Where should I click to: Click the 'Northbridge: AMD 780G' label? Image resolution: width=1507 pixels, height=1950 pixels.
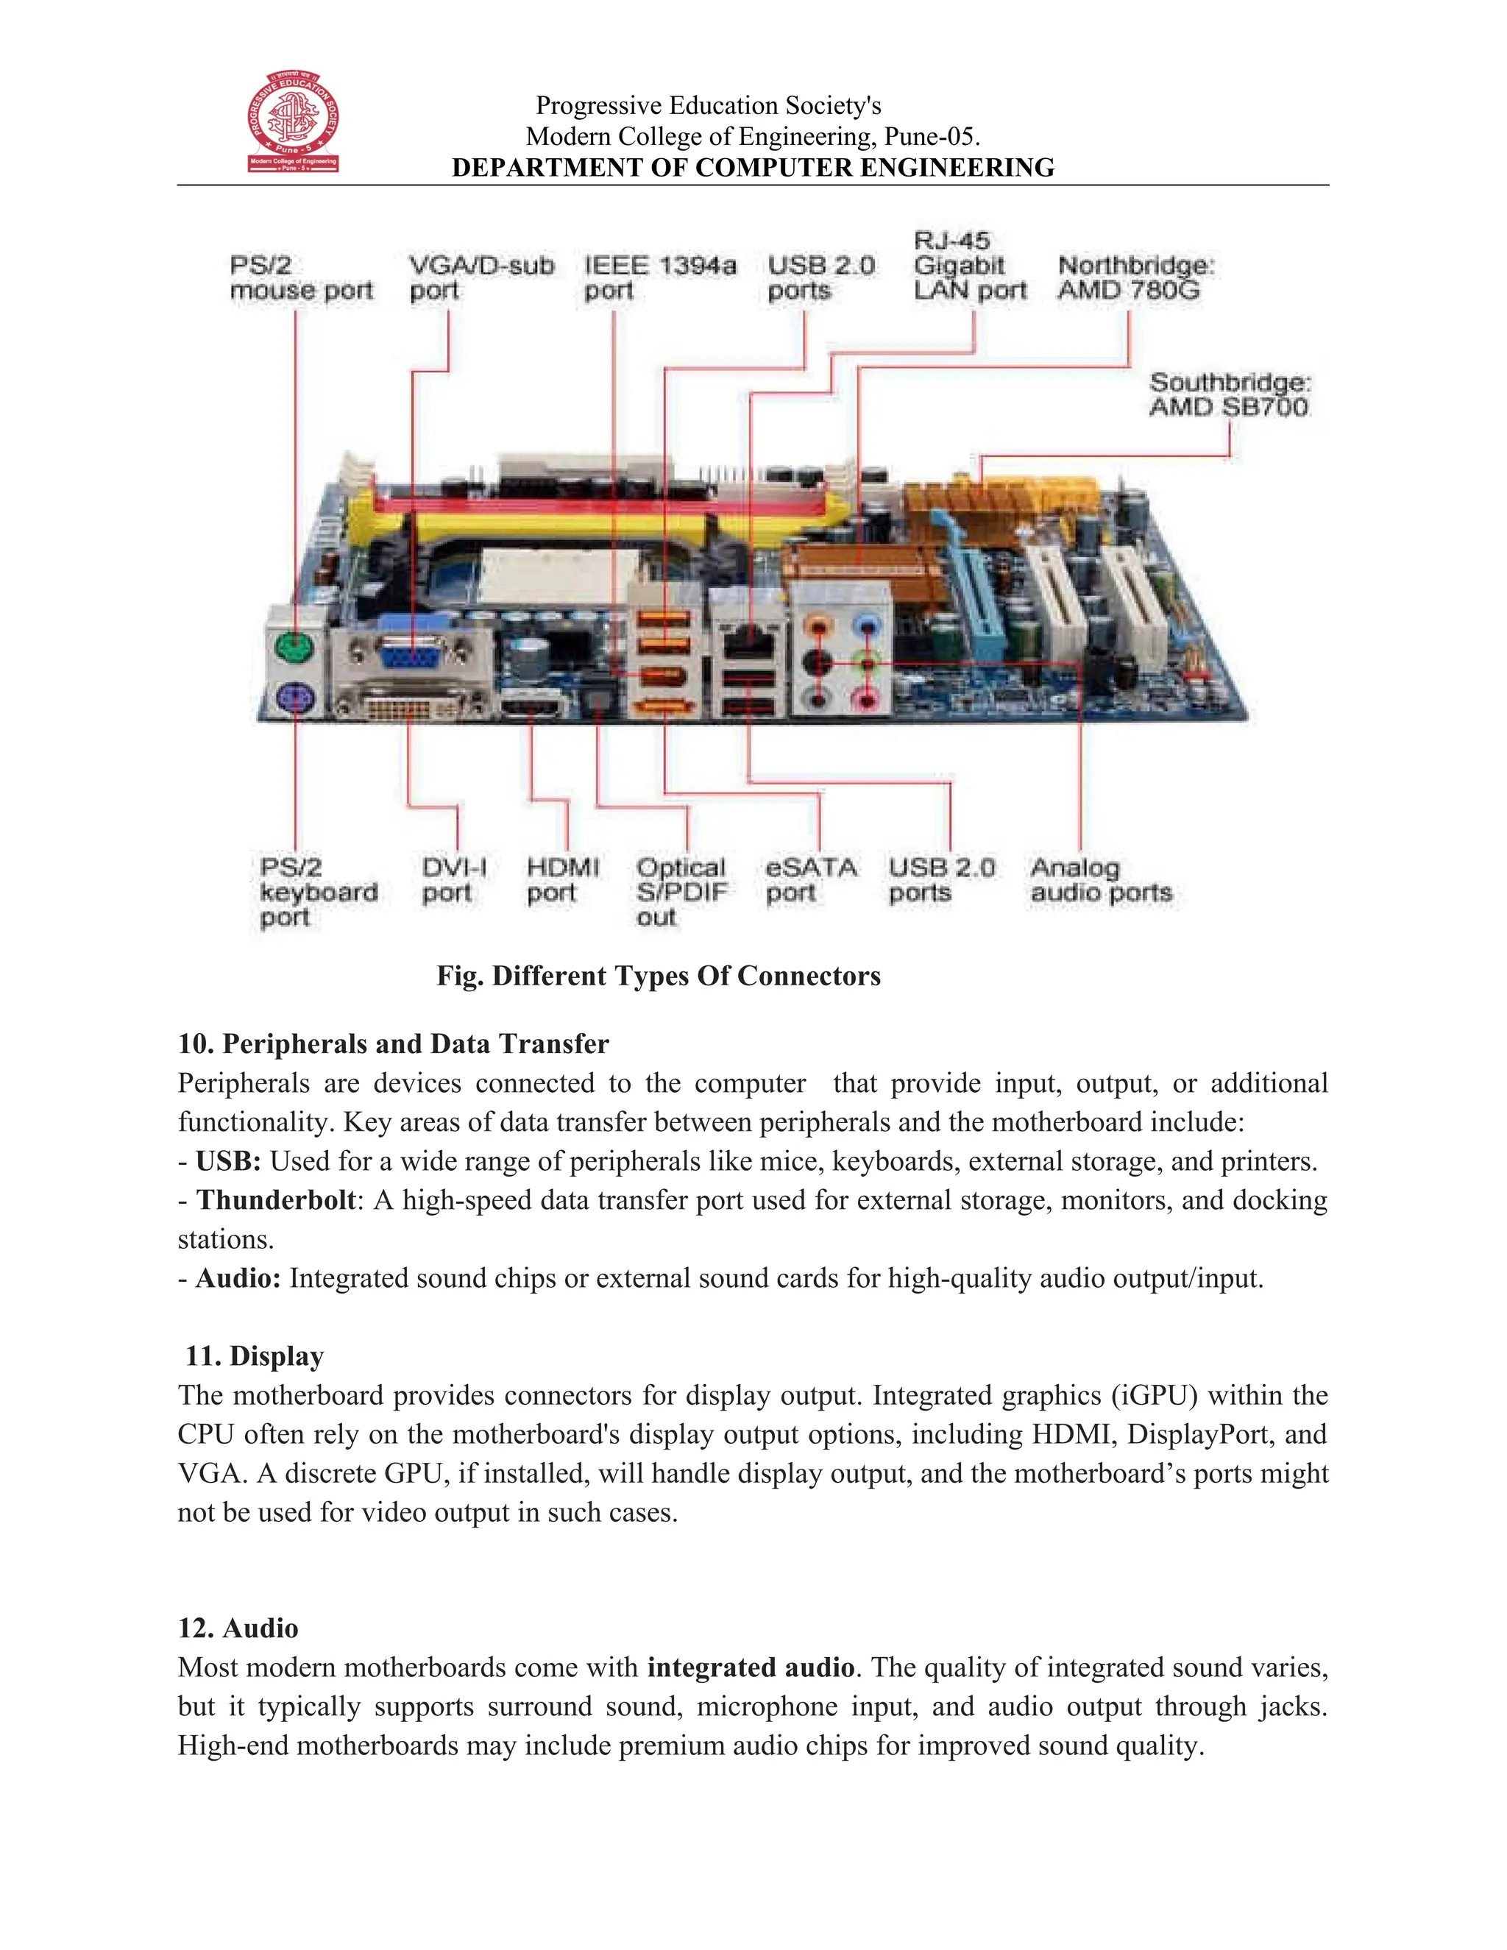(1135, 277)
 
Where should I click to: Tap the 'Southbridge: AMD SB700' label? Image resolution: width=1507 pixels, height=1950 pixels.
(1230, 394)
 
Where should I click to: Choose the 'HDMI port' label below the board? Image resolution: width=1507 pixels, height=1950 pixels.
(561, 880)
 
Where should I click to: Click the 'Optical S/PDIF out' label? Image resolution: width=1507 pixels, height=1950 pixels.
(681, 892)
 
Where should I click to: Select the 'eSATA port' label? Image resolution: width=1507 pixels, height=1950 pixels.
(809, 880)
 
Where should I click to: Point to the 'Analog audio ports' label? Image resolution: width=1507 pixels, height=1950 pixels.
(1100, 880)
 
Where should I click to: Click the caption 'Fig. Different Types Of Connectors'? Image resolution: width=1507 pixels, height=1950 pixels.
(658, 976)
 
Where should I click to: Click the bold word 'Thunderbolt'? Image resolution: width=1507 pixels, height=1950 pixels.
(276, 1200)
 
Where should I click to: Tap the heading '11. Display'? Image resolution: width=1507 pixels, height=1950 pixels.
(254, 1356)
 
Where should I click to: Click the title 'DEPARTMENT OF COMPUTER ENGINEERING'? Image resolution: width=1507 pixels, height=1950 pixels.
(753, 168)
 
